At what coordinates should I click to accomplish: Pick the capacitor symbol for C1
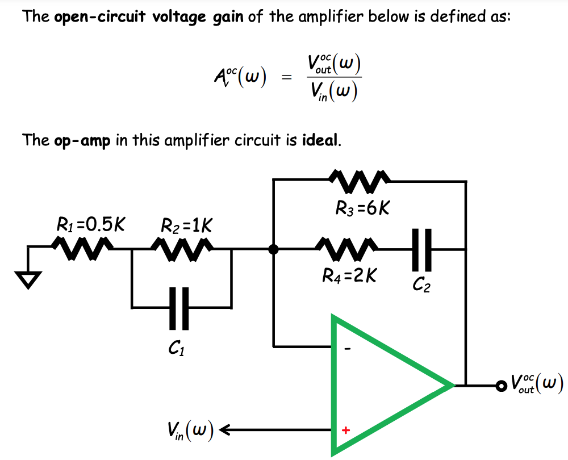pos(181,308)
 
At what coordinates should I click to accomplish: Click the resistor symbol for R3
pos(360,181)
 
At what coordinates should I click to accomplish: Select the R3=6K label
pos(362,208)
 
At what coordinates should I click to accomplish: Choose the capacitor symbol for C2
pos(422,249)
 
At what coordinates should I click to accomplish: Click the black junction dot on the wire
pos(274,249)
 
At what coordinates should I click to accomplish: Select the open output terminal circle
pos(500,386)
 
